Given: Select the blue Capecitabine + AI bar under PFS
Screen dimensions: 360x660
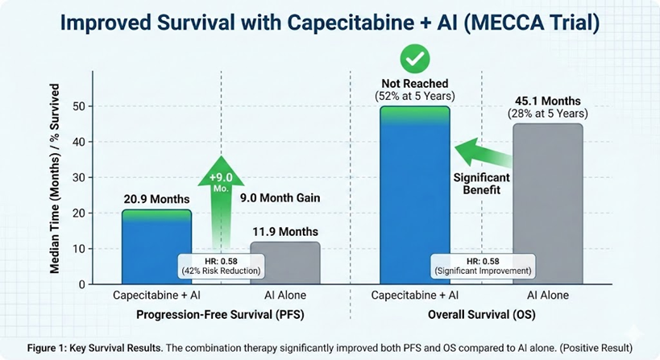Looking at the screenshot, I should point(156,242).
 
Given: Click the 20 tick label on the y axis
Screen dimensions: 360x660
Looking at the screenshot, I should point(77,213).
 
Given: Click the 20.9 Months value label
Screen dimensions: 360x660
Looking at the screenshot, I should point(156,199).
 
